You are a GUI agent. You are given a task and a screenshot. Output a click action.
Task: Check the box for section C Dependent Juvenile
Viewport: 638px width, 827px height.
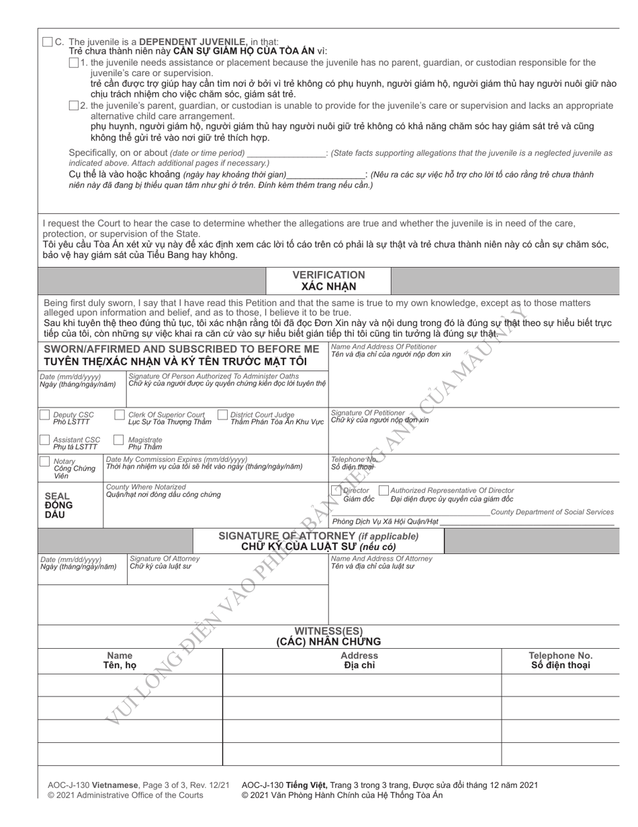[47, 42]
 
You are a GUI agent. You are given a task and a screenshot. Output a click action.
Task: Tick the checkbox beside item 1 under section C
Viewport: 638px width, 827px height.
[73, 63]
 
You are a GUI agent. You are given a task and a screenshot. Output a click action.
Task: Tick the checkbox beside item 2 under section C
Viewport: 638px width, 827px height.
[73, 106]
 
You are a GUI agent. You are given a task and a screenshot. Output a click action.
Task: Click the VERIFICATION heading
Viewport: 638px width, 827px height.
[328, 275]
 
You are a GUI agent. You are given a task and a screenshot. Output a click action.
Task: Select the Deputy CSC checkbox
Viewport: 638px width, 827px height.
[44, 415]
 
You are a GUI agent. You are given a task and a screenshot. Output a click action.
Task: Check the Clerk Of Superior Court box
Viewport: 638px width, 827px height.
[120, 415]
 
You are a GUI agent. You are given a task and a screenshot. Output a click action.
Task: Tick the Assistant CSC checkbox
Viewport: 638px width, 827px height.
[44, 440]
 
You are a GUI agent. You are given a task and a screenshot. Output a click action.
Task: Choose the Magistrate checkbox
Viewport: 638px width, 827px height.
[119, 440]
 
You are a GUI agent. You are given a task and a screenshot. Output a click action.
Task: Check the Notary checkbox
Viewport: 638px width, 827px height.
[44, 461]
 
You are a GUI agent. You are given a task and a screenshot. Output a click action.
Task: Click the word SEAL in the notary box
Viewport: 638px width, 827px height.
[56, 496]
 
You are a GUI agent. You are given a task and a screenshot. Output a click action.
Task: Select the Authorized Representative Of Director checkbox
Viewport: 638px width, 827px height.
[384, 491]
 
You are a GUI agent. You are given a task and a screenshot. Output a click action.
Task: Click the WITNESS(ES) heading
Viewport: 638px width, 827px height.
[328, 631]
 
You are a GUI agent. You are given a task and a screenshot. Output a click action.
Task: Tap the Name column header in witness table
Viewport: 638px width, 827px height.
[120, 656]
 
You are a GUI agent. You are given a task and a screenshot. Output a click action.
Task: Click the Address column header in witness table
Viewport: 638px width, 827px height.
[360, 656]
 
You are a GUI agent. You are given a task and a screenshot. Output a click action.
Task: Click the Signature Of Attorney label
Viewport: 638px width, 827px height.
[165, 559]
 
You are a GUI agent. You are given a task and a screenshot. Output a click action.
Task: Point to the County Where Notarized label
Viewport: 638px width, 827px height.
[146, 487]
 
